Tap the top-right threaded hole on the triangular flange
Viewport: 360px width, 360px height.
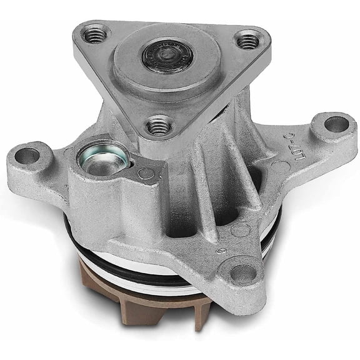coord(248,41)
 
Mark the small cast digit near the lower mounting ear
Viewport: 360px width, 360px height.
coord(220,251)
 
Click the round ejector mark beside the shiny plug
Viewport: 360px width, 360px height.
coord(145,173)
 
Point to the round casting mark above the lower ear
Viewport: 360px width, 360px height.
coord(240,230)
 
